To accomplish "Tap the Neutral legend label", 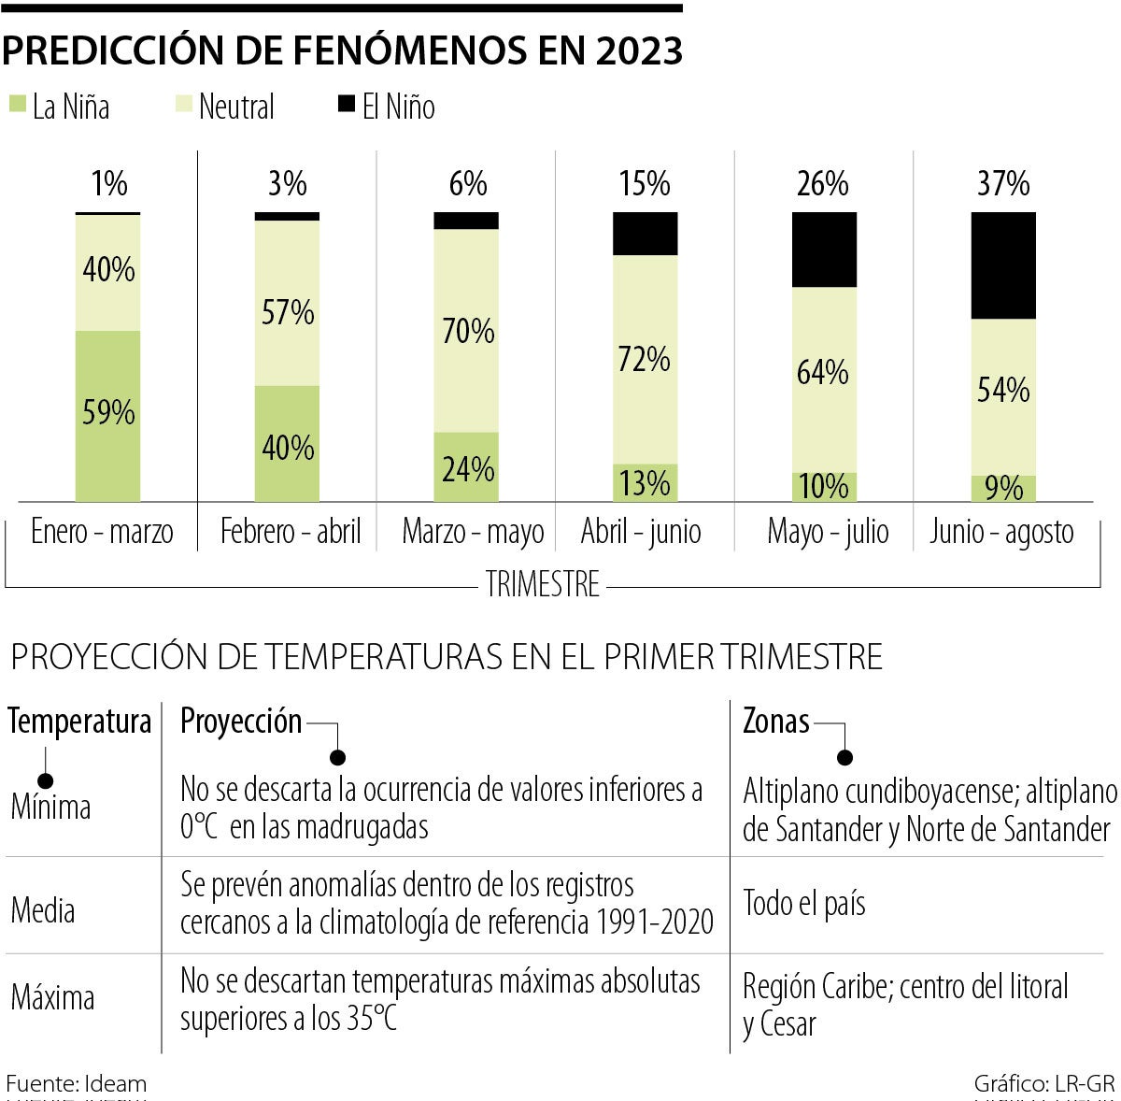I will [236, 107].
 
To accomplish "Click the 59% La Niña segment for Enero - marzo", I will [108, 413].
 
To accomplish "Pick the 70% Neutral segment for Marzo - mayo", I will [467, 331].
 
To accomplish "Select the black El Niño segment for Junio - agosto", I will [1003, 265].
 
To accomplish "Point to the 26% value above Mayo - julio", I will [823, 184].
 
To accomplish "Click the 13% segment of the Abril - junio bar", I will [645, 483].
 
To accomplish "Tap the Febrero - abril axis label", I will [291, 532].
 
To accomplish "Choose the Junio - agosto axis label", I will [1001, 532].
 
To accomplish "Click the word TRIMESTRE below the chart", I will [543, 585].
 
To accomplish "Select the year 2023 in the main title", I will [636, 51].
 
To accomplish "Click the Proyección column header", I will [241, 722].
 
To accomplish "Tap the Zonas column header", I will [775, 722].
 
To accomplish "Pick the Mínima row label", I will [50, 808].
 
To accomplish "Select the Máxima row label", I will [52, 998].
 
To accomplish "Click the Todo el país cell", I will [804, 904].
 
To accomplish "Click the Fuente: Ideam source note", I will [76, 1084].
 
